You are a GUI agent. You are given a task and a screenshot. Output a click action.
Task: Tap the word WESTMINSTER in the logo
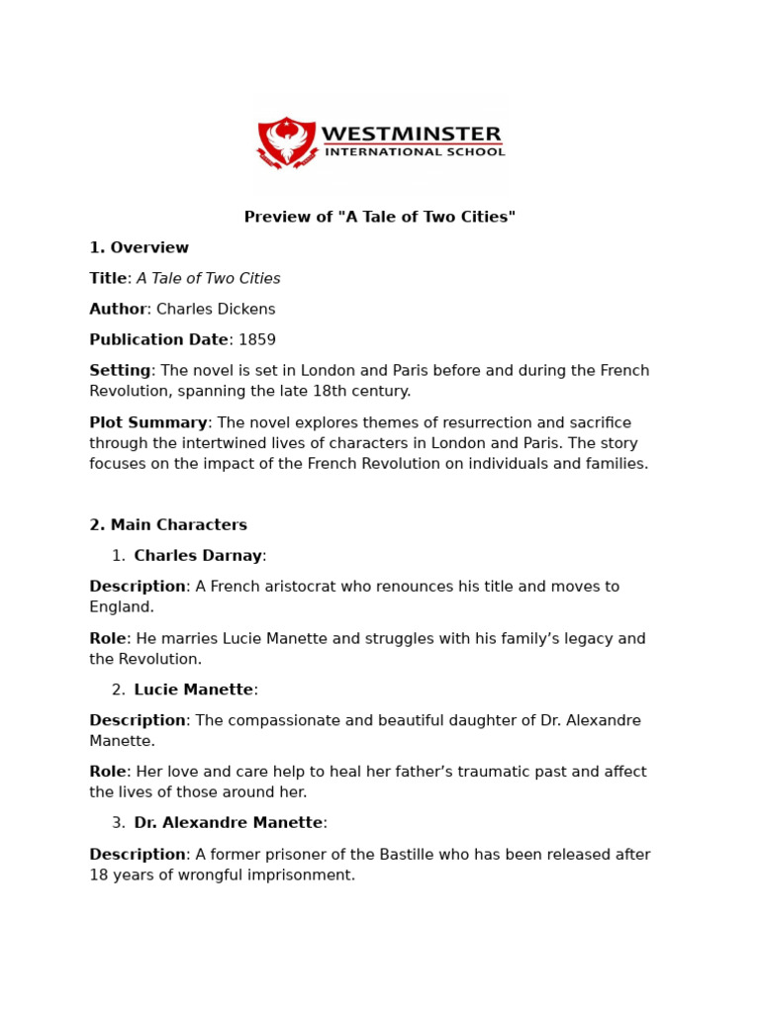pos(411,134)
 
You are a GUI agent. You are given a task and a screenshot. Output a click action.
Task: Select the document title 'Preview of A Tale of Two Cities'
pos(380,217)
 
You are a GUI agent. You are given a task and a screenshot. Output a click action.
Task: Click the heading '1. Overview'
pos(139,247)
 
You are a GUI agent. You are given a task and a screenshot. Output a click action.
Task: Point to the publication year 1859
pos(257,339)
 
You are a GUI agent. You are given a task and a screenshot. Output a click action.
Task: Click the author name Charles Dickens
pos(216,309)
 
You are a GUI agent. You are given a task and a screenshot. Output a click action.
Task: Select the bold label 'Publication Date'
pos(158,339)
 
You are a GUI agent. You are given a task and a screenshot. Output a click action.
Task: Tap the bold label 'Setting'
pos(120,370)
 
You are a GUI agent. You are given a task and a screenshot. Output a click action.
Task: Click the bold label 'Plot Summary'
pos(148,422)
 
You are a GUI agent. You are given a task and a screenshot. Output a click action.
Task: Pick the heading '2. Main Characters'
pos(168,525)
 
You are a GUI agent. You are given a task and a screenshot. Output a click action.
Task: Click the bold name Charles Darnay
pos(198,556)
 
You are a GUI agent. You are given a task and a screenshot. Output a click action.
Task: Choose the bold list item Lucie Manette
pos(193,690)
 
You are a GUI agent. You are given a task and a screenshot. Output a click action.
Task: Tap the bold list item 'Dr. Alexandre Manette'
pos(228,823)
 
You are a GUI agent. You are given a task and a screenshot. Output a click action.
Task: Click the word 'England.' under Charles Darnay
pos(122,607)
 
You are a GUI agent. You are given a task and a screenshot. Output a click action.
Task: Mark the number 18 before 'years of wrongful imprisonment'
pos(98,875)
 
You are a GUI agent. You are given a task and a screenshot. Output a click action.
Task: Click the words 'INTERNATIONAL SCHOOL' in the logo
pos(415,152)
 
